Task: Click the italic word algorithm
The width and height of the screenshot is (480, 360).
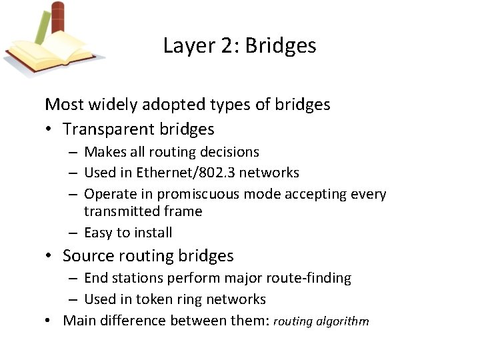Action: coord(343,321)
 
